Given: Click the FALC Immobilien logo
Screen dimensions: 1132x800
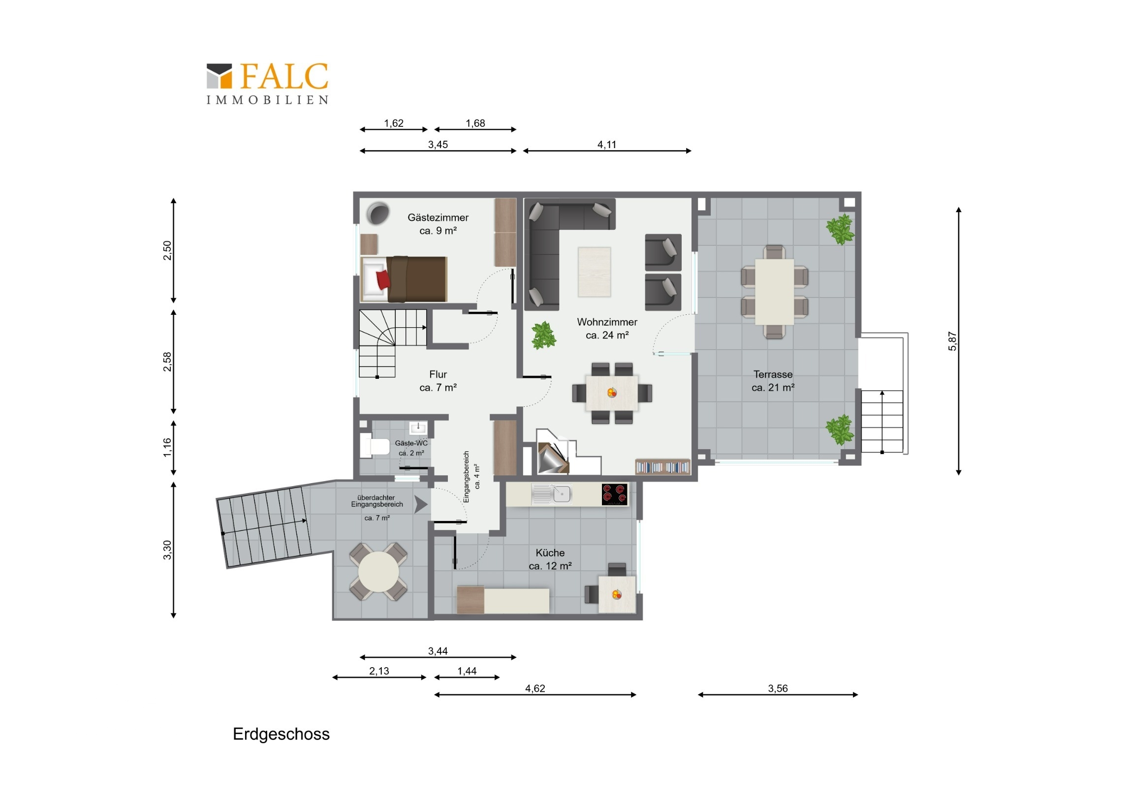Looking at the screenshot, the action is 267,83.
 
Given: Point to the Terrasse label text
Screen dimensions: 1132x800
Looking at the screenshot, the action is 773,374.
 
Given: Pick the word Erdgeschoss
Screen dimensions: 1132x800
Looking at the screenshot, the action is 281,734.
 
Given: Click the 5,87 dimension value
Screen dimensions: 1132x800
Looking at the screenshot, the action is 952,341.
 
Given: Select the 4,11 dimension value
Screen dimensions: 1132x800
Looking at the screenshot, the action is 606,145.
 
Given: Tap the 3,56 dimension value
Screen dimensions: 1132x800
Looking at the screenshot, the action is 778,688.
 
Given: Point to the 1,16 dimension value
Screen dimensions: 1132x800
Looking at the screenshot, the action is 168,447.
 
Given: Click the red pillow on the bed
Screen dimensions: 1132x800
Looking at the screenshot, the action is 383,279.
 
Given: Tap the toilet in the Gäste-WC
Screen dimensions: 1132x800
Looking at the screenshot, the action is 374,446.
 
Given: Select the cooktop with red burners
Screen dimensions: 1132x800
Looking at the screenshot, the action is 614,494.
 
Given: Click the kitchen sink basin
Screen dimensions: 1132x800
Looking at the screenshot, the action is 562,494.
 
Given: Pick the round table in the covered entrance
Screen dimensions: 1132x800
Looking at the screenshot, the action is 378,572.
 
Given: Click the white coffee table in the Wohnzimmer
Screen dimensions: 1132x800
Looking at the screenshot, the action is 594,272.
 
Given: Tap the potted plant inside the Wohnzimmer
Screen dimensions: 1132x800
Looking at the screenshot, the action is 543,335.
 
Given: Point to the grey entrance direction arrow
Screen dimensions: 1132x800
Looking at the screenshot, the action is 420,504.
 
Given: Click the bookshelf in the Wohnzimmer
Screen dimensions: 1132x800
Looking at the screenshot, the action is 662,466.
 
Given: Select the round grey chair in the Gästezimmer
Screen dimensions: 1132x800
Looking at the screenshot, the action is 378,213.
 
